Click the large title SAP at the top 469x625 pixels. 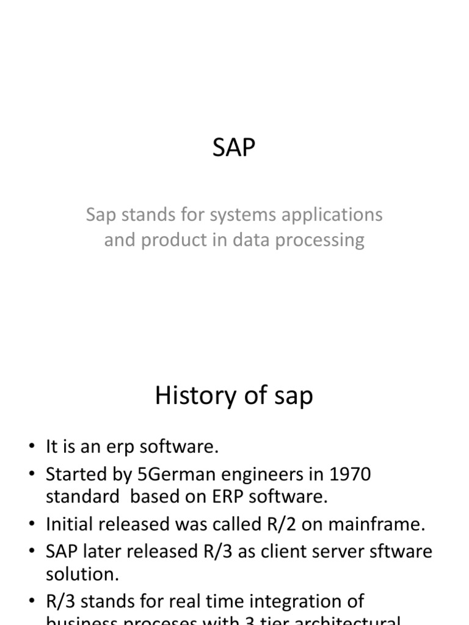tap(234, 148)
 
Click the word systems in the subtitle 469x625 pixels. tap(231, 215)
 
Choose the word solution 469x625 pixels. tap(81, 574)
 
